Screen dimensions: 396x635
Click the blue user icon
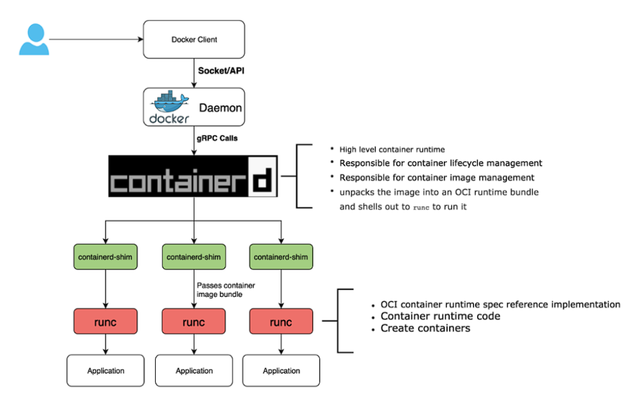tap(34, 39)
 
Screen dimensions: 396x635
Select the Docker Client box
tap(194, 40)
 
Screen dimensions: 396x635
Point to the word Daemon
tap(220, 108)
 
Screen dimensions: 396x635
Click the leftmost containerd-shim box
tap(106, 256)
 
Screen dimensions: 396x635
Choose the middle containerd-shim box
tap(194, 256)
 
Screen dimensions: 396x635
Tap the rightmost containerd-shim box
tap(281, 256)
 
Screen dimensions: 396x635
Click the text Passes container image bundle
tap(226, 289)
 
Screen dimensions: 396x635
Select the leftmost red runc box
tap(106, 322)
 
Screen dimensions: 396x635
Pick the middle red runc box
tap(194, 322)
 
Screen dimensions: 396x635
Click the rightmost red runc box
tap(281, 322)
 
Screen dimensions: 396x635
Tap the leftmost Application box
tap(106, 371)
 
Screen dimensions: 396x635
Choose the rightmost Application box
tap(281, 371)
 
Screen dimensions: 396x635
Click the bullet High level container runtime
tap(391, 149)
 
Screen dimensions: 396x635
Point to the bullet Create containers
tap(425, 328)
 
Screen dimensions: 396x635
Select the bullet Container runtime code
tap(440, 316)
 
